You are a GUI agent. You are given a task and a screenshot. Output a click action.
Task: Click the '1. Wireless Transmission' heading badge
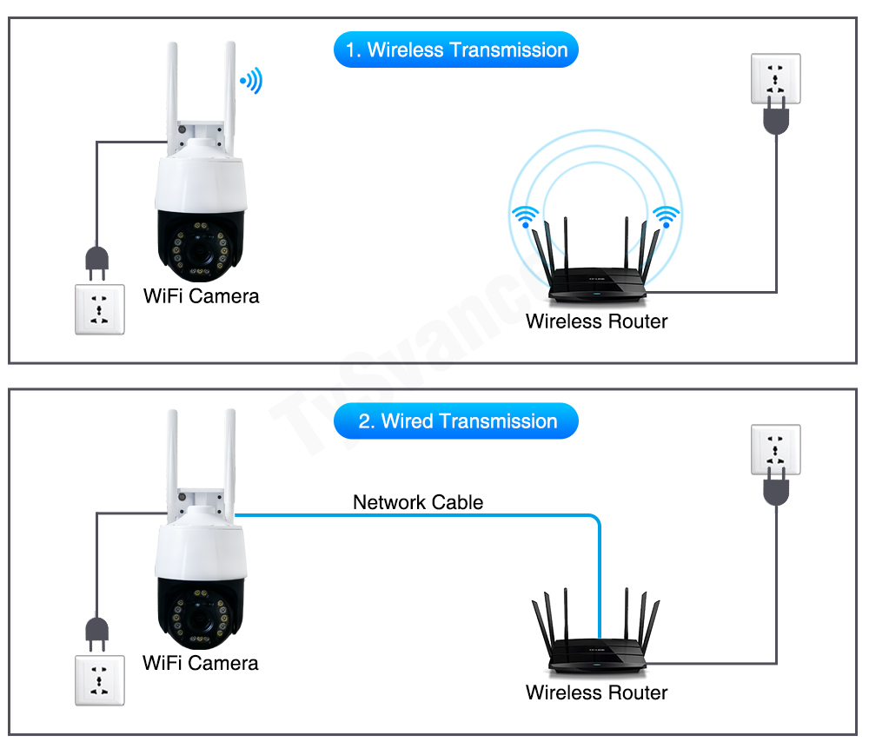[x=455, y=50]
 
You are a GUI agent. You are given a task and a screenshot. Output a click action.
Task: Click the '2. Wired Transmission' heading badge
[x=455, y=421]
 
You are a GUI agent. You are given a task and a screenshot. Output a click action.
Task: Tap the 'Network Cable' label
[x=418, y=502]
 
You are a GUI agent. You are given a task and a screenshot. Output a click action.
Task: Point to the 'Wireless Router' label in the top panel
[x=596, y=321]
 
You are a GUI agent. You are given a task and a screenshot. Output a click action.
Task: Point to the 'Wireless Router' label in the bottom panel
[x=596, y=692]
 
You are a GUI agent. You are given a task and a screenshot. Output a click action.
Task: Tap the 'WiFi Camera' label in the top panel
[x=201, y=296]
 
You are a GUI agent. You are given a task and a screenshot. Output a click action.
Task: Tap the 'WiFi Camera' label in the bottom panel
[x=200, y=664]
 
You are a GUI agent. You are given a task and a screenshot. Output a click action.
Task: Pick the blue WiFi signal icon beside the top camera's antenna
[x=252, y=82]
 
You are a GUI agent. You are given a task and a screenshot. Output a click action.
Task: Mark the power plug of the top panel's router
[x=775, y=118]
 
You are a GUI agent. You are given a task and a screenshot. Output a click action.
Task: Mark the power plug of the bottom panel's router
[x=775, y=488]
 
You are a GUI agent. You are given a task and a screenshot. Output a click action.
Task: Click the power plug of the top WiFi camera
[x=96, y=258]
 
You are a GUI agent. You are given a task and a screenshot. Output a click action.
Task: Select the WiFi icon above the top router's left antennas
[x=524, y=216]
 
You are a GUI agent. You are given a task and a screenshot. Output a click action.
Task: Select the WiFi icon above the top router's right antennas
[x=667, y=216]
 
